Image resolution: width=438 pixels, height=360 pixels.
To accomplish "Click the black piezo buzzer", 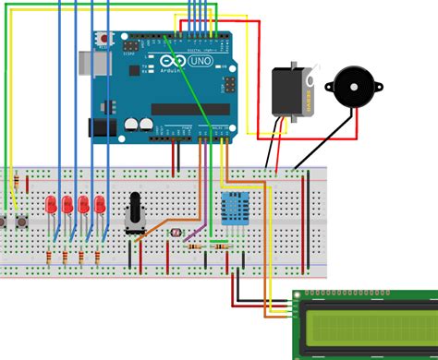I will [348, 89].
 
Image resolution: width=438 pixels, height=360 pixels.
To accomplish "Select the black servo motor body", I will [289, 91].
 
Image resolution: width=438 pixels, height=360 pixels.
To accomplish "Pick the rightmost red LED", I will [97, 204].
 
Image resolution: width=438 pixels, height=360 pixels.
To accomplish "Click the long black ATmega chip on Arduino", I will [189, 110].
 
